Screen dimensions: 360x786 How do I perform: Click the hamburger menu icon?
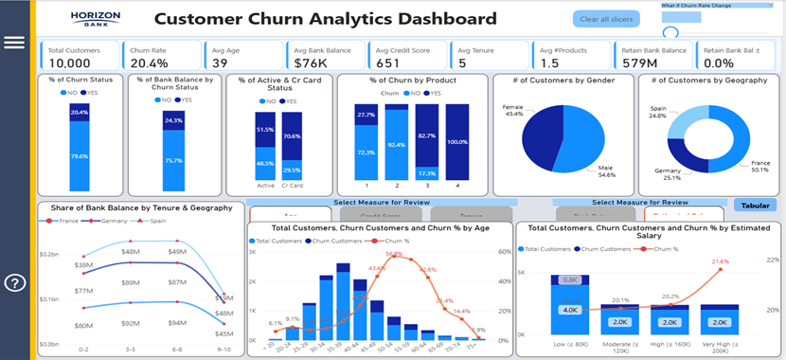(14, 42)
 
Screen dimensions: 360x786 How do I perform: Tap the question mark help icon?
(15, 282)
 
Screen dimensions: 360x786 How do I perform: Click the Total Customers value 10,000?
(70, 63)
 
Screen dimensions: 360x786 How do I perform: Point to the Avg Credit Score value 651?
(389, 63)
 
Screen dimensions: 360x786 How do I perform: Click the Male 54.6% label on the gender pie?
(607, 172)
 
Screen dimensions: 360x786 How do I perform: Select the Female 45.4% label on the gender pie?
(513, 111)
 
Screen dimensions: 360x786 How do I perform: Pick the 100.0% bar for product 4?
(457, 141)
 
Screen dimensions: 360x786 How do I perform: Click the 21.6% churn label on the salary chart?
(721, 261)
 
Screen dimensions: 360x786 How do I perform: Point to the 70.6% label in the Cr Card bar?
(293, 135)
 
